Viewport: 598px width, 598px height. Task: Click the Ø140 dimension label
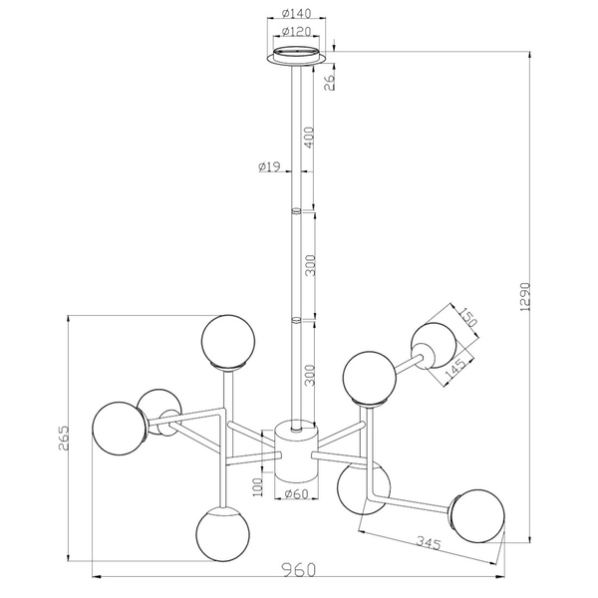[x=297, y=14]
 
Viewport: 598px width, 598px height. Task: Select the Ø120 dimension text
[x=297, y=31]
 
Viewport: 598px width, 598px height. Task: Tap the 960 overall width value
[x=297, y=570]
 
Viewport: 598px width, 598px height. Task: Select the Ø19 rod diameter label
[x=268, y=167]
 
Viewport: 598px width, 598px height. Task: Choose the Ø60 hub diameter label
[x=297, y=494]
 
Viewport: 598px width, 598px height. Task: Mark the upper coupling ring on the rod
[x=296, y=211]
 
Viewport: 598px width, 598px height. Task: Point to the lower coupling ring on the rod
[x=296, y=320]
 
